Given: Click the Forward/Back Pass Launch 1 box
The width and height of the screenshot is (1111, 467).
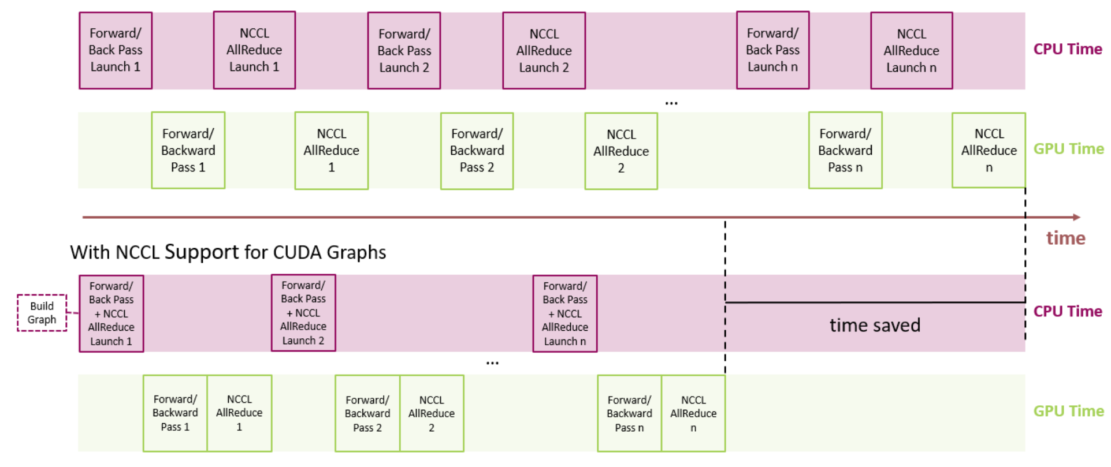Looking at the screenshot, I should click(x=116, y=50).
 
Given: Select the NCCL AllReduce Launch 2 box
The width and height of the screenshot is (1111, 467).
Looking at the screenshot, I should click(x=544, y=51).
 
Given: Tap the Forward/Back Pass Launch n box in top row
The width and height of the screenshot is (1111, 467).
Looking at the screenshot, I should click(x=772, y=50).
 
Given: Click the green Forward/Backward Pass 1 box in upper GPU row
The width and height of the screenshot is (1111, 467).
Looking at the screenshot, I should click(x=188, y=150).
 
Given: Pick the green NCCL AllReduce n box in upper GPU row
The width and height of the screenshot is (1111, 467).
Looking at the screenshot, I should click(x=989, y=150).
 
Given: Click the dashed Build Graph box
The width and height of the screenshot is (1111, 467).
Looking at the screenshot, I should click(x=42, y=313).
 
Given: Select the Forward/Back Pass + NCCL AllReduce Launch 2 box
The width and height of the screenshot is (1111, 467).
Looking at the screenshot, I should click(x=303, y=313).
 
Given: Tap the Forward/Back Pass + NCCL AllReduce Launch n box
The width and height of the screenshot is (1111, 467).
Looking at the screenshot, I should click(x=564, y=313).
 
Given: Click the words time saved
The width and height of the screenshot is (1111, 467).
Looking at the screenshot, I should click(x=875, y=326).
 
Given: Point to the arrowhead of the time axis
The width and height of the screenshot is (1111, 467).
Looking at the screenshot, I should click(x=1076, y=217).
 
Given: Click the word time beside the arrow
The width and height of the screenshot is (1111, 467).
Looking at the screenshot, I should click(x=1065, y=238).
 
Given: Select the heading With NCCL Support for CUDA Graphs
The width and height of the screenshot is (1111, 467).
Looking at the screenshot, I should click(x=228, y=252).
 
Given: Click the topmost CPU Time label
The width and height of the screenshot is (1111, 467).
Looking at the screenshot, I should click(x=1067, y=49).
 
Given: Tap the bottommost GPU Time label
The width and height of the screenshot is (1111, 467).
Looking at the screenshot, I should click(x=1068, y=411).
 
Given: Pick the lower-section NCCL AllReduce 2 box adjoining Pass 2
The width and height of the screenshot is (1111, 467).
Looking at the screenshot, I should click(x=432, y=413).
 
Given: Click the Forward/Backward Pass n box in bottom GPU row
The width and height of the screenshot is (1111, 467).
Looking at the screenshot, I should click(x=629, y=413).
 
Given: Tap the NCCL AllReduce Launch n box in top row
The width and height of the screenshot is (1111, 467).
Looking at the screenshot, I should click(x=911, y=51).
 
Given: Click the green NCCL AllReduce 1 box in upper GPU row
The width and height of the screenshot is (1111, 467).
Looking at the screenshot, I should click(x=331, y=151).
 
